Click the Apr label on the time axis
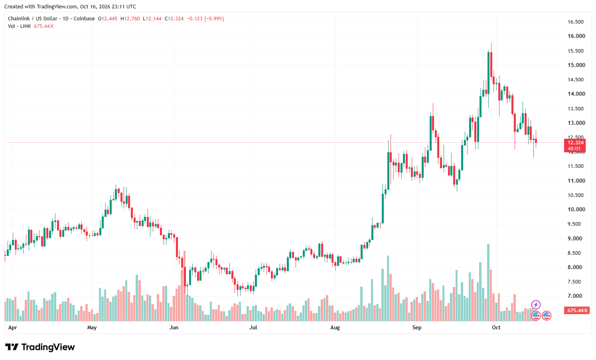click(12, 327)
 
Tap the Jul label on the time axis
click(253, 327)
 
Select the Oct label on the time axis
click(496, 327)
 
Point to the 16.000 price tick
click(576, 36)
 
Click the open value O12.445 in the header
click(107, 19)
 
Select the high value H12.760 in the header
click(130, 19)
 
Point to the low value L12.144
click(152, 19)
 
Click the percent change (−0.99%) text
click(214, 19)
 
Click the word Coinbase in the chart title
click(84, 19)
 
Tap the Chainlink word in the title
click(19, 19)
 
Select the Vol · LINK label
click(20, 26)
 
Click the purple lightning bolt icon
click(536, 305)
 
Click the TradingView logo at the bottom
click(40, 347)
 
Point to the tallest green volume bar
click(488, 283)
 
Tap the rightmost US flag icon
click(547, 316)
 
